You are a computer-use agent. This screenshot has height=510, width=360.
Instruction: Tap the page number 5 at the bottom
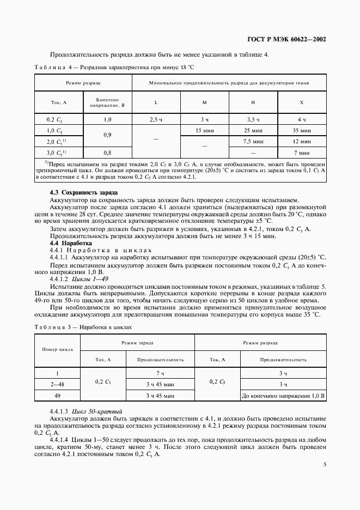click(324, 464)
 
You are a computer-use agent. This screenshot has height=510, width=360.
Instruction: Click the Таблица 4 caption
click(114, 67)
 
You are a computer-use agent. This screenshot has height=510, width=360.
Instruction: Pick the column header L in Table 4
click(156, 102)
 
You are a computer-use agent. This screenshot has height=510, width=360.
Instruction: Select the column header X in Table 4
click(302, 102)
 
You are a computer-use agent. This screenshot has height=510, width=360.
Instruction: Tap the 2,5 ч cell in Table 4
click(156, 119)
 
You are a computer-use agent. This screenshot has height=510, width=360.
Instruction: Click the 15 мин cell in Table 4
click(205, 130)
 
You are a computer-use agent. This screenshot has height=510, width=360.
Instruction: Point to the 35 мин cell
click(302, 130)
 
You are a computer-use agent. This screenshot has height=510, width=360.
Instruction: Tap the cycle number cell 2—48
click(57, 385)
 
